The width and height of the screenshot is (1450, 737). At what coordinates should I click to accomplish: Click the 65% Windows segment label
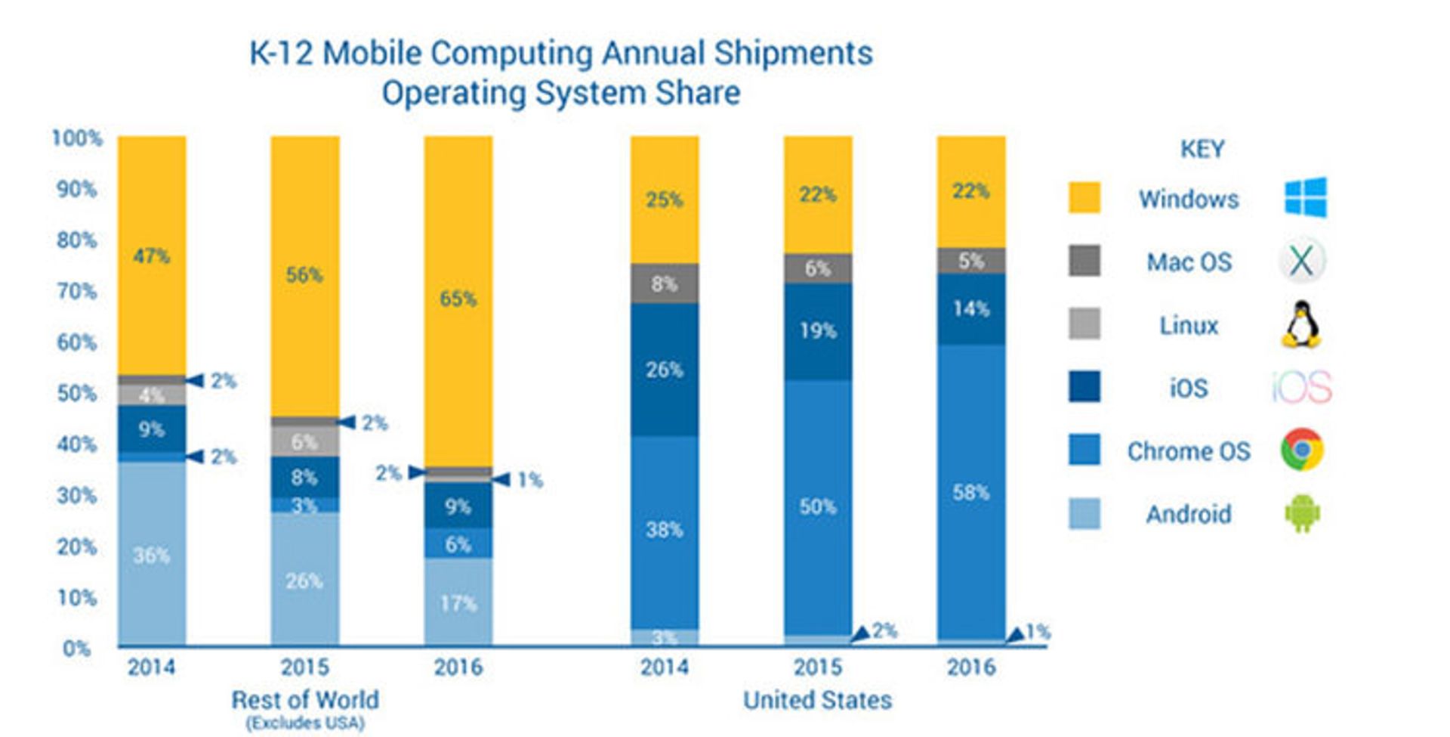458,299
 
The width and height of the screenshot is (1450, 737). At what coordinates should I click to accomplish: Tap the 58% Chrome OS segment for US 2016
970,493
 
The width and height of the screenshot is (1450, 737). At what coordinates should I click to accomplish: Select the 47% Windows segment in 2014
151,256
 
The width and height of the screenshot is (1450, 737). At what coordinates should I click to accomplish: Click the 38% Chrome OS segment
664,530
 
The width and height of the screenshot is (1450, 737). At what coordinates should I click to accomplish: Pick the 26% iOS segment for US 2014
664,370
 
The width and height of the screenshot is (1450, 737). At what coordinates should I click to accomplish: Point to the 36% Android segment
151,556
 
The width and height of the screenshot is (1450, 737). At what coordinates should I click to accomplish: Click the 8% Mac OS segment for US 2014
664,284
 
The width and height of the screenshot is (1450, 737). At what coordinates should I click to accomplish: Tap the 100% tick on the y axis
76,138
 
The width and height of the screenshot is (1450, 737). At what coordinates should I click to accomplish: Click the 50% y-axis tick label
76,394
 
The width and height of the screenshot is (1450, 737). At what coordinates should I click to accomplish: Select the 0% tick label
76,649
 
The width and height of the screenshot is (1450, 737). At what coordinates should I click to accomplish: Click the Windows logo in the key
1305,197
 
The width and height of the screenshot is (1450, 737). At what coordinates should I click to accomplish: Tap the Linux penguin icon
1301,324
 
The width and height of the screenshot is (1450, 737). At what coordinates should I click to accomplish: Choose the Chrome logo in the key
1301,450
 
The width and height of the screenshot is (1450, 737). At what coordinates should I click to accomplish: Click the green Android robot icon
1302,513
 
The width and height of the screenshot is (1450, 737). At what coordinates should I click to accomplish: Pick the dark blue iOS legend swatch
1084,387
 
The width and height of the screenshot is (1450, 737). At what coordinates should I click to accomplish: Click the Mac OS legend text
1189,262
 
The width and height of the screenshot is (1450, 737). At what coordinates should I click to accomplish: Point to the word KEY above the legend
1202,149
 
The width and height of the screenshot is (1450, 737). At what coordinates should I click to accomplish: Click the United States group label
817,700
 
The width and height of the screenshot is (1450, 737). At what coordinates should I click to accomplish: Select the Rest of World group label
305,700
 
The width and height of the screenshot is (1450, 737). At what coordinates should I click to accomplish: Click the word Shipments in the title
793,54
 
